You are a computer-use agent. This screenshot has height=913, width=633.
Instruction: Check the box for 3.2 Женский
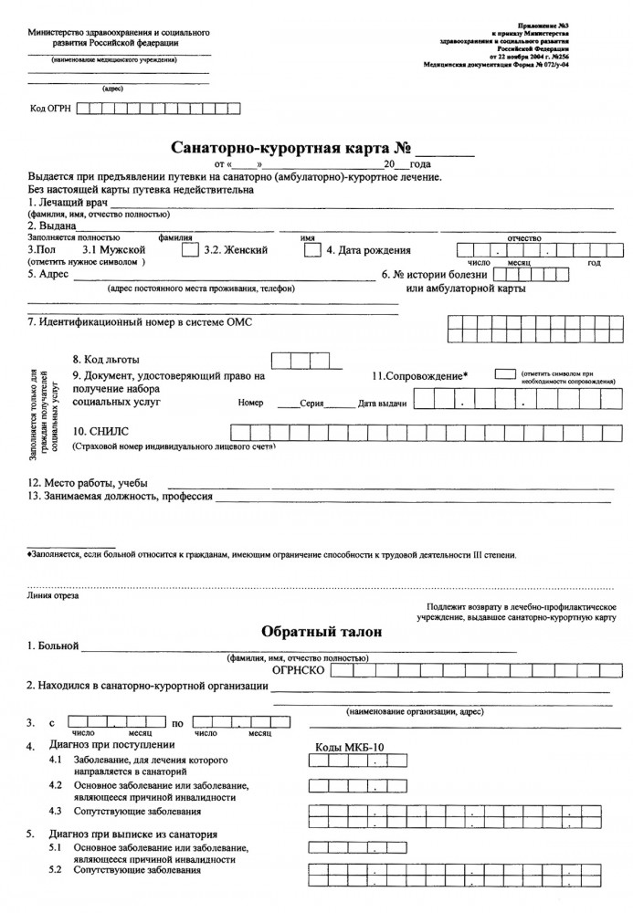tap(311, 249)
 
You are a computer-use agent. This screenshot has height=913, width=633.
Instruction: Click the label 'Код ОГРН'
tap(50, 109)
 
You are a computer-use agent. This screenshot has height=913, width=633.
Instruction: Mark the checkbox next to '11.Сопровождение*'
tap(504, 374)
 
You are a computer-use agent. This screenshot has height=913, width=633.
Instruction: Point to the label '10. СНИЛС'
tap(96, 431)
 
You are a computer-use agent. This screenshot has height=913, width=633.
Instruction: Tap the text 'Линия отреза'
tap(53, 595)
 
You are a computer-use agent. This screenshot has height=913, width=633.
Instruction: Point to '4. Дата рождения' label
tap(368, 250)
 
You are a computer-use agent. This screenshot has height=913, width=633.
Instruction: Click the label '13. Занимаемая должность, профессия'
tap(120, 498)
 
